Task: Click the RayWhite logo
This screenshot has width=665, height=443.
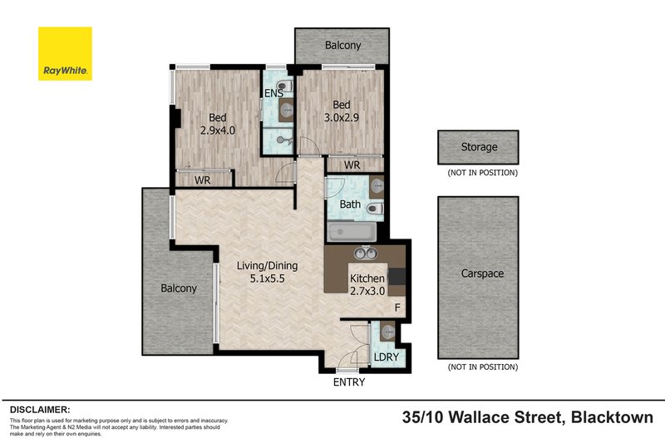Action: tap(65, 54)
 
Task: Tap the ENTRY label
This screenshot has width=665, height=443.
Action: tap(348, 382)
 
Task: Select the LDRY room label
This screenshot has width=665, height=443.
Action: tap(387, 357)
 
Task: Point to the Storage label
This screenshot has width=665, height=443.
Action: tap(479, 147)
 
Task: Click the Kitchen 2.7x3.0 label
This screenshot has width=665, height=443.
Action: tap(367, 285)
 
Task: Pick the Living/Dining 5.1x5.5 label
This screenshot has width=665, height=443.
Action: tap(267, 273)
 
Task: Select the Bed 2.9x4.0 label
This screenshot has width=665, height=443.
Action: tap(218, 124)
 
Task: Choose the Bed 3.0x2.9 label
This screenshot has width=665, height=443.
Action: tap(342, 111)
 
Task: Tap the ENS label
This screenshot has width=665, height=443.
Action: tap(273, 94)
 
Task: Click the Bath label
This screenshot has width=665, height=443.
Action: tap(350, 203)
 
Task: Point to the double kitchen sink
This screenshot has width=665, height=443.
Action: tap(367, 253)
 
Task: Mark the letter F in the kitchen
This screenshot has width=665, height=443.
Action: tap(397, 309)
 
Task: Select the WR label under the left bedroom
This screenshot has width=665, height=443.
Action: tap(202, 180)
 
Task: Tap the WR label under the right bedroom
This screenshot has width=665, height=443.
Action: tap(352, 165)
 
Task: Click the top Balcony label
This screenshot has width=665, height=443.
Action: tap(342, 46)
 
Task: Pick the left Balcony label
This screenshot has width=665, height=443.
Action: tap(179, 288)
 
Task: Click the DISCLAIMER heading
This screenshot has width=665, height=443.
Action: tap(40, 410)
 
